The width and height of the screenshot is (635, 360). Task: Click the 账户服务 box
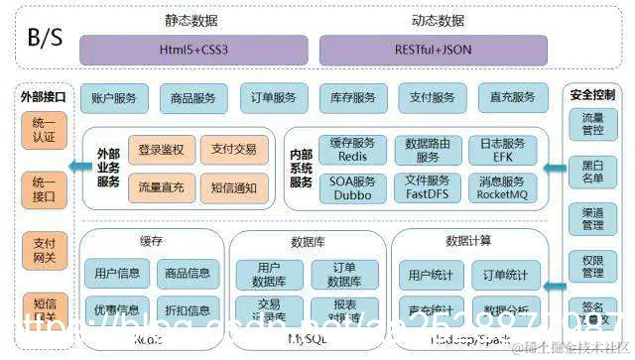click(114, 97)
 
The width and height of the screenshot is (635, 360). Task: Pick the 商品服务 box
click(192, 97)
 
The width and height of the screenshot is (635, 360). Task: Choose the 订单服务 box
click(273, 97)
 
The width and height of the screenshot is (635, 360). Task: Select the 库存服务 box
click(353, 97)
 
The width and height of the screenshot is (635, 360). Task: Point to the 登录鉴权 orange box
click(161, 150)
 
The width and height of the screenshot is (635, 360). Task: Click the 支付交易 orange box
click(234, 150)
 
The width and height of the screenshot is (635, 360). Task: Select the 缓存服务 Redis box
click(352, 151)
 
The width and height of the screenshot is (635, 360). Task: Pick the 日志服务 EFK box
click(502, 151)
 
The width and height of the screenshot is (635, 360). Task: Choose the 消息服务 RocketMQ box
click(502, 187)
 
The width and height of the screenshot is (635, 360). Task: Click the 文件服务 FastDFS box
click(428, 187)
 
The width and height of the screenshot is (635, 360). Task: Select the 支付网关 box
click(44, 251)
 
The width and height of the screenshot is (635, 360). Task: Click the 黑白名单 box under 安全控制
click(592, 171)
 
